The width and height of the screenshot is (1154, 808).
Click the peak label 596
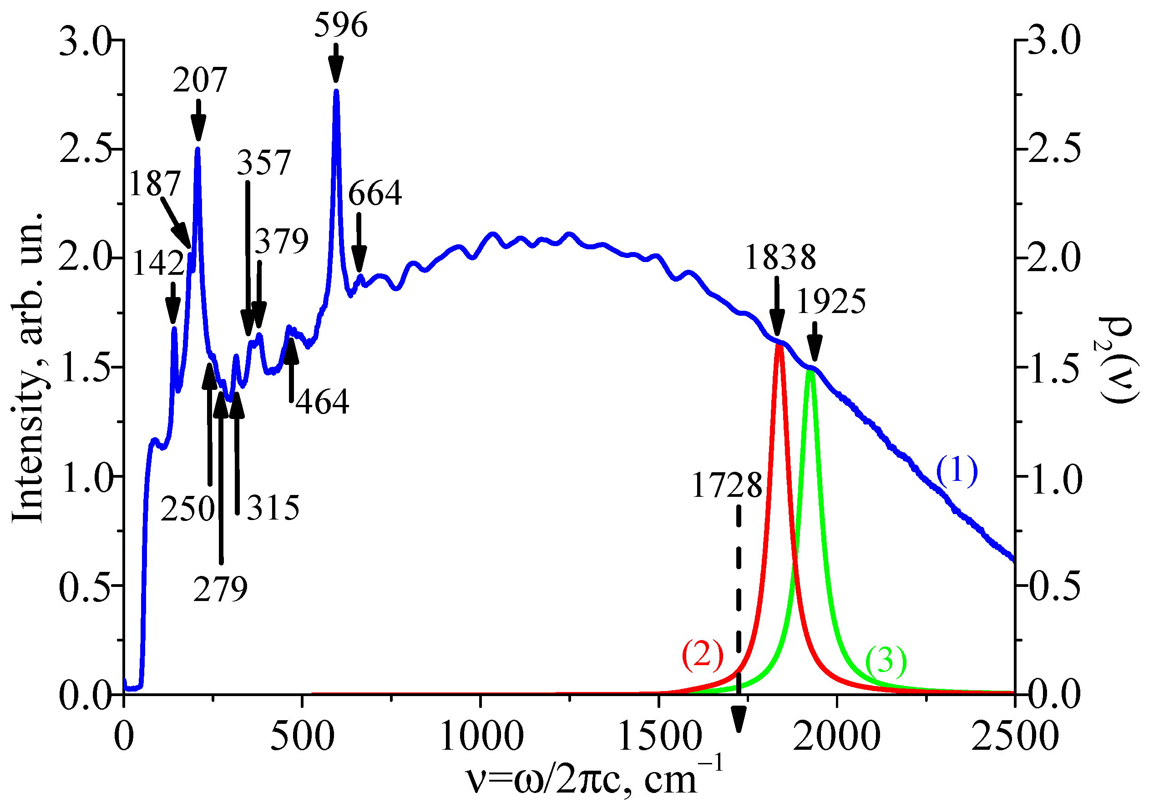click(x=341, y=25)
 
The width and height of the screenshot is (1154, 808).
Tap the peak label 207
click(x=200, y=80)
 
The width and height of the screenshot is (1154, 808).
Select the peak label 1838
click(x=780, y=258)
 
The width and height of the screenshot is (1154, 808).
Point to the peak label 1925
click(x=831, y=302)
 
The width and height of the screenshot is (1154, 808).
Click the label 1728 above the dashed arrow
click(x=727, y=486)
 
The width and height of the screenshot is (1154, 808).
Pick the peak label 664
click(x=375, y=193)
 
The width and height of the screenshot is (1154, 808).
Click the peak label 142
click(x=158, y=263)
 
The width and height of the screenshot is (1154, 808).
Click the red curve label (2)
click(x=702, y=655)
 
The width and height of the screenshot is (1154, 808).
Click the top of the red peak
click(x=779, y=346)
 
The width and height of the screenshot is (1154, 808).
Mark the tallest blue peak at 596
click(x=336, y=91)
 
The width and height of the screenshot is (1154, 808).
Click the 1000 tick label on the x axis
click(x=481, y=737)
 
